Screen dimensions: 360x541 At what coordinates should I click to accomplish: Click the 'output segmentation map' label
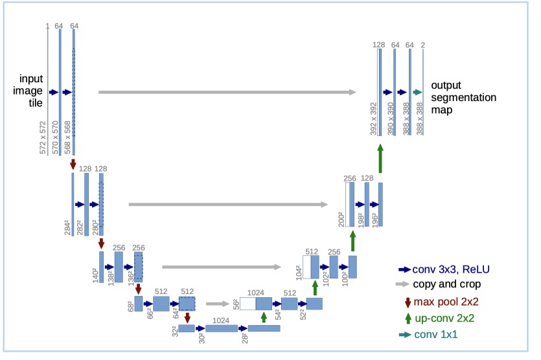[463, 97]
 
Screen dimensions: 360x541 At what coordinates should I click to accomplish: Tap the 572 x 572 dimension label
[43, 137]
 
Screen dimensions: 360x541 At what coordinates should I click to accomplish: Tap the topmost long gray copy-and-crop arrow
[227, 93]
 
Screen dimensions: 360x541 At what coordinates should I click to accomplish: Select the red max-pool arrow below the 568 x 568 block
[74, 164]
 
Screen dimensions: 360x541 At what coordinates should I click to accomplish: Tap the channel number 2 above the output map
[423, 45]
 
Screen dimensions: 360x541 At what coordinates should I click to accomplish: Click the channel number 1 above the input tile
[47, 26]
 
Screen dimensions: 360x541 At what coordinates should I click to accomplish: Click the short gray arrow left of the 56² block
[216, 302]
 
